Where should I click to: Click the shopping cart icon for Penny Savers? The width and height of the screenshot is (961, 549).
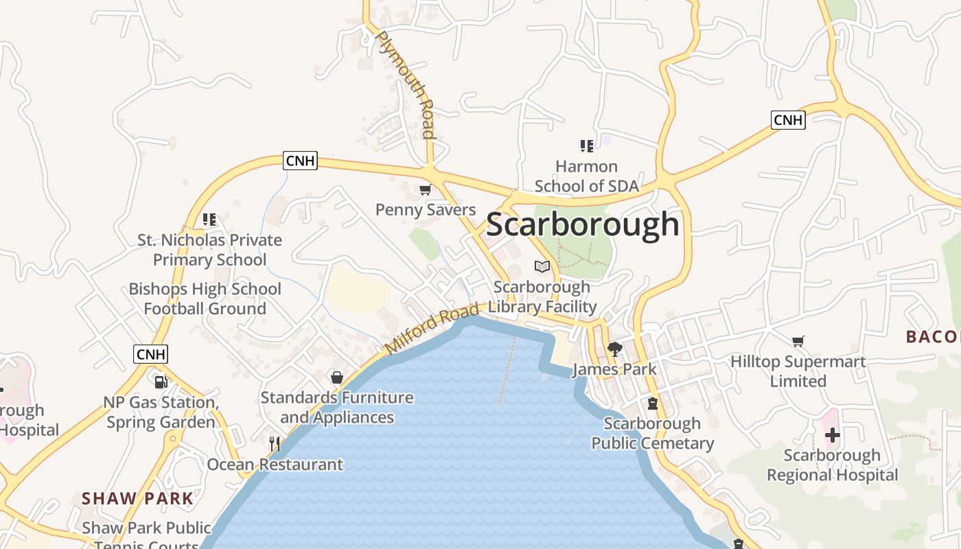click(426, 190)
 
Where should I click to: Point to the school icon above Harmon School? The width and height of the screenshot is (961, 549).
click(586, 145)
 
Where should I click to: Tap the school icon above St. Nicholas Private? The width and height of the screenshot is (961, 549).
click(209, 220)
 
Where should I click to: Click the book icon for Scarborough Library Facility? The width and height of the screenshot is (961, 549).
click(542, 266)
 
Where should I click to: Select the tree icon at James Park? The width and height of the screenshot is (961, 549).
click(614, 349)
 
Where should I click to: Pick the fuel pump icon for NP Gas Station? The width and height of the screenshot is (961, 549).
click(161, 382)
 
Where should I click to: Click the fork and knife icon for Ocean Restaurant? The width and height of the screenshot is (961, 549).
click(275, 444)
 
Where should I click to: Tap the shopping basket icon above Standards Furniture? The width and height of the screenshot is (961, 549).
click(337, 377)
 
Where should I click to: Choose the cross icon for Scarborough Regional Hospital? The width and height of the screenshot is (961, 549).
click(832, 434)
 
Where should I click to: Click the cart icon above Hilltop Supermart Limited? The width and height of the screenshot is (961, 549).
click(798, 341)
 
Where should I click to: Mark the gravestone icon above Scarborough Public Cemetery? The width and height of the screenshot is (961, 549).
click(652, 403)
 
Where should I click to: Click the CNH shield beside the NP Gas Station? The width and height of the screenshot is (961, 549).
click(150, 354)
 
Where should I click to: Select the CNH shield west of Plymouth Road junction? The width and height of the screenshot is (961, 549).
click(300, 161)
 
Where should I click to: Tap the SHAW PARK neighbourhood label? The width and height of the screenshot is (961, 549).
click(137, 498)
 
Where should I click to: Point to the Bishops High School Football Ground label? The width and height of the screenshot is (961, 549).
click(205, 299)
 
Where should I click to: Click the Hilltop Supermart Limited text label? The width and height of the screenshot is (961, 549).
click(798, 371)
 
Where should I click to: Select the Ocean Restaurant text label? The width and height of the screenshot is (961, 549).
click(275, 465)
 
